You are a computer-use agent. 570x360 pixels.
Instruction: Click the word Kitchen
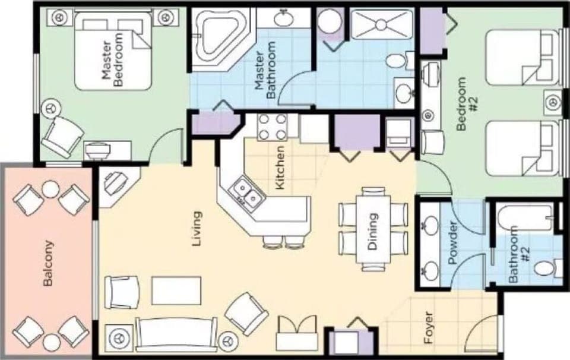pyautogui.click(x=281, y=168)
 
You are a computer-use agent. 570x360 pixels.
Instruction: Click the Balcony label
pyautogui.click(x=49, y=264)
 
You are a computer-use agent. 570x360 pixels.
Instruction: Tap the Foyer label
pyautogui.click(x=429, y=329)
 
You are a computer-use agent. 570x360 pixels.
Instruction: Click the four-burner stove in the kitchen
pyautogui.click(x=273, y=126)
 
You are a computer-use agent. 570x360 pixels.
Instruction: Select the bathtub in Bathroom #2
pyautogui.click(x=525, y=219)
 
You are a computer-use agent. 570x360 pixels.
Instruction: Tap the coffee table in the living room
pyautogui.click(x=176, y=290)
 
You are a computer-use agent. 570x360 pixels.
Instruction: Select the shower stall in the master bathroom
pyautogui.click(x=381, y=24)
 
